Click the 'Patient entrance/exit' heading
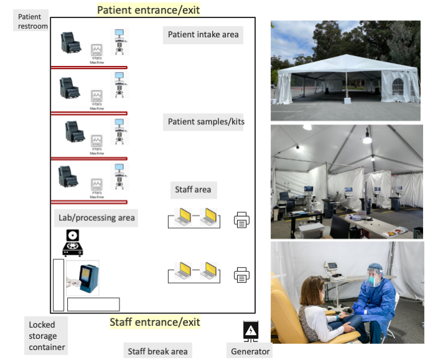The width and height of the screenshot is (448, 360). point(149,10)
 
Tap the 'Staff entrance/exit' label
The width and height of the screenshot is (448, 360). point(155,322)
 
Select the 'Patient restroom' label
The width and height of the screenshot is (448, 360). point(30,21)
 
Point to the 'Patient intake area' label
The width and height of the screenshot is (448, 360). point(203,35)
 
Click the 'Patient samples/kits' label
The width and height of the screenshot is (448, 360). point(206,122)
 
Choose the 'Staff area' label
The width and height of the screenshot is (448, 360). point(193,189)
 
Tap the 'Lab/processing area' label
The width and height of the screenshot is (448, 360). point(96,218)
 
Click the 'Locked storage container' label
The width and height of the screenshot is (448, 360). point(47,336)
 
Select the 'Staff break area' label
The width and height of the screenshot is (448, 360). point(157,351)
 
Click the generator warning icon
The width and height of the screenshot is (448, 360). point(250,331)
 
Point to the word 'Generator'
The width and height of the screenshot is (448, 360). point(250,351)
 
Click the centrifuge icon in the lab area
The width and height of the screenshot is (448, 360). point(73,242)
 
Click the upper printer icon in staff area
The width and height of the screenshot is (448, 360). point(242,219)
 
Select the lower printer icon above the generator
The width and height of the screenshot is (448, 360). point(242,275)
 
